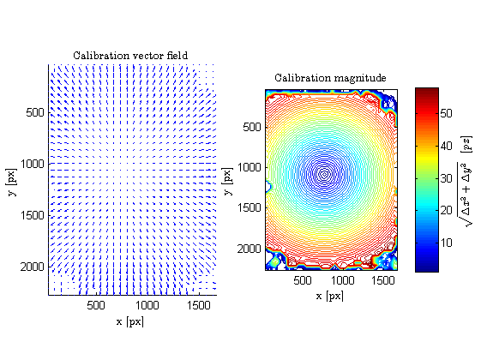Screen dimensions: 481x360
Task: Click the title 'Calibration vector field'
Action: tap(130, 56)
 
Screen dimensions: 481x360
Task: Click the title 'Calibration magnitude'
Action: tap(330, 78)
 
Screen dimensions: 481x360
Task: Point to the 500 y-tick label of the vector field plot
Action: tap(35, 112)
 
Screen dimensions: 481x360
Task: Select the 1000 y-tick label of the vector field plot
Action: tap(33, 164)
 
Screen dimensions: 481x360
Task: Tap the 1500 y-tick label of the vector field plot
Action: tap(33, 215)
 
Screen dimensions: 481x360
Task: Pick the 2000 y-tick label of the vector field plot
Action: tap(33, 267)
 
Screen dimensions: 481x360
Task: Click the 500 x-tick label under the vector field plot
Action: tap(96, 305)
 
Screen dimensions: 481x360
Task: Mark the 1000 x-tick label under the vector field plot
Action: tap(147, 305)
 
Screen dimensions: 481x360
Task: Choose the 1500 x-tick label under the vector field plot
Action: tap(199, 305)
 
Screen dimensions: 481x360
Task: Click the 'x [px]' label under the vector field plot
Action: tap(130, 321)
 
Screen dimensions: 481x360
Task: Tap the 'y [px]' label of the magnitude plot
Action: tap(227, 181)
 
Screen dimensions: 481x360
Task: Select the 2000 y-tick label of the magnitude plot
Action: tap(250, 249)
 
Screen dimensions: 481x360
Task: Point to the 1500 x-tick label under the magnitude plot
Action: tap(383, 280)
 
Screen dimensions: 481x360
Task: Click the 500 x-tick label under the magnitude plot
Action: tap(303, 280)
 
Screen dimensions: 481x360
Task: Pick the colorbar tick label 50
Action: tap(447, 113)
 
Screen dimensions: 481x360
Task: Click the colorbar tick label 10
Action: tap(447, 243)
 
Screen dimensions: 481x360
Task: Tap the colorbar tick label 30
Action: tap(447, 178)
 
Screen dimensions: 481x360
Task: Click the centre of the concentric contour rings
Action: tap(325, 174)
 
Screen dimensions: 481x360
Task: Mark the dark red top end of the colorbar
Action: tap(427, 90)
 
